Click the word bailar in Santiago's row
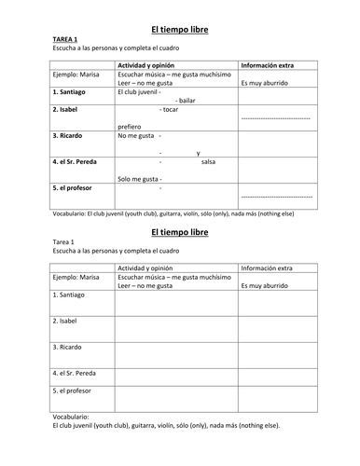(185, 100)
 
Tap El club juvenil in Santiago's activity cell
(140, 91)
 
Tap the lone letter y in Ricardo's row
(198, 151)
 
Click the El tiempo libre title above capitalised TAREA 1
(179, 29)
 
